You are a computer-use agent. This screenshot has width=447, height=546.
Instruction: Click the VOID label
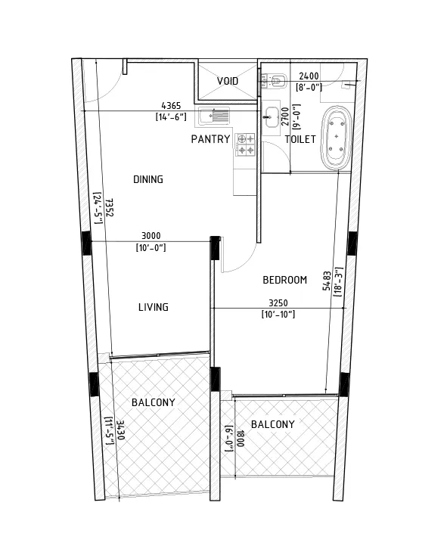[228, 81]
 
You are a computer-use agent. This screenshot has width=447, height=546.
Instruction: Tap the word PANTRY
[210, 139]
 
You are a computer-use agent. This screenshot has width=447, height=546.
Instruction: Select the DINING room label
[148, 179]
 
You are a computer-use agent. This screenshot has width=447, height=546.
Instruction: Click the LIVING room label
[154, 307]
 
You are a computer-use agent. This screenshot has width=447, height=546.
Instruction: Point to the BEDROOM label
[285, 280]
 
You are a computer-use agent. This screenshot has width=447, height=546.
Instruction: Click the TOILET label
[300, 139]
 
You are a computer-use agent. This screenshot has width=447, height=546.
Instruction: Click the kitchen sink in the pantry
[215, 116]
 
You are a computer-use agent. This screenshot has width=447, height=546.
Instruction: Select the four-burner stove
[245, 144]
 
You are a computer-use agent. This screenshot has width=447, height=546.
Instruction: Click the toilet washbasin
[272, 116]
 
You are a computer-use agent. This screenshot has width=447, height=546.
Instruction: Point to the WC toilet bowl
[274, 80]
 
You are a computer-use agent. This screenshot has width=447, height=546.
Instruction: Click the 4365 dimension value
[171, 106]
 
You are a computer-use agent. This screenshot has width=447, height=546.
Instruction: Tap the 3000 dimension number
[151, 236]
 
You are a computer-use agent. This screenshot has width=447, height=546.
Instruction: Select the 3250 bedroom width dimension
[278, 303]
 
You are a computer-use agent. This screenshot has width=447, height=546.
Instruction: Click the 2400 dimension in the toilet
[309, 76]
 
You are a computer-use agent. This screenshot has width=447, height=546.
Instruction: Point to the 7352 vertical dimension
[110, 208]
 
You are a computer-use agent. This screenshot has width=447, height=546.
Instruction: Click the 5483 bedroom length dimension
[327, 281]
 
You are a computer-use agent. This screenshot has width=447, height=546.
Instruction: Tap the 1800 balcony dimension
[241, 439]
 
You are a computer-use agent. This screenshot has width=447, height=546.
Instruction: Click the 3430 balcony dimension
[120, 430]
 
